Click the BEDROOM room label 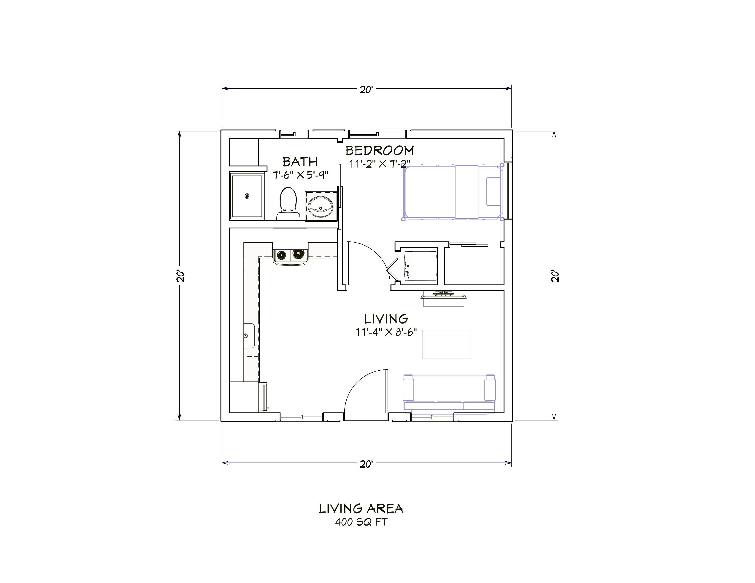380,151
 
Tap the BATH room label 300,162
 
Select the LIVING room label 386,318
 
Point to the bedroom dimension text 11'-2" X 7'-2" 380,164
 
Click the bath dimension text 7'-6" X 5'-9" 300,175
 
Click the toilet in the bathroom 288,203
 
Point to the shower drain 247,196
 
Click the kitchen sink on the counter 249,336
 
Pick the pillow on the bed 493,192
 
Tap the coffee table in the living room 447,344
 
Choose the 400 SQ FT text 361,522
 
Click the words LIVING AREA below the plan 361,508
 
